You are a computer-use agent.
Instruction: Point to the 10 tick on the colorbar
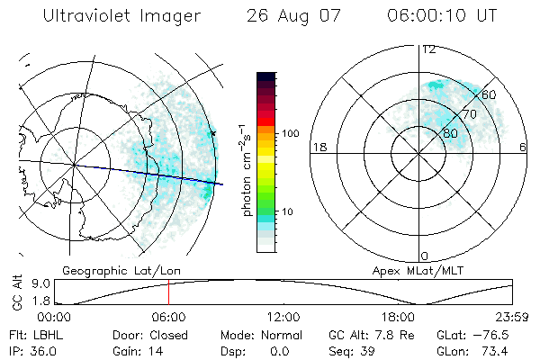pos(290,211)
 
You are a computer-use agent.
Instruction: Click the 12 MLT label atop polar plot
pos(428,49)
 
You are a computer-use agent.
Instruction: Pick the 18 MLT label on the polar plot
pos(318,147)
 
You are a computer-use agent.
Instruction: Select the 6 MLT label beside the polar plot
pos(523,147)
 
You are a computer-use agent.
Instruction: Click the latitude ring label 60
pos(490,94)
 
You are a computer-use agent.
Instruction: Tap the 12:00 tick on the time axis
pos(283,317)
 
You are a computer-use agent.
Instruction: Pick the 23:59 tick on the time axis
pos(511,317)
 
